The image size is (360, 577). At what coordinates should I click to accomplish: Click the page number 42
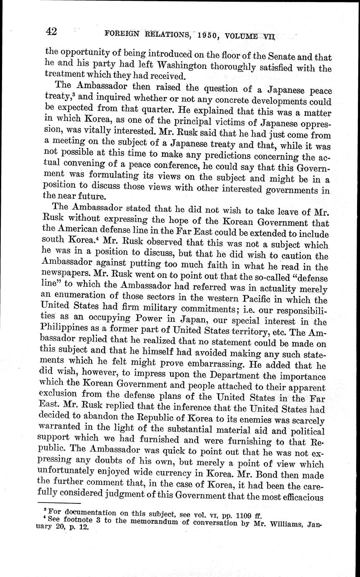tap(52, 31)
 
